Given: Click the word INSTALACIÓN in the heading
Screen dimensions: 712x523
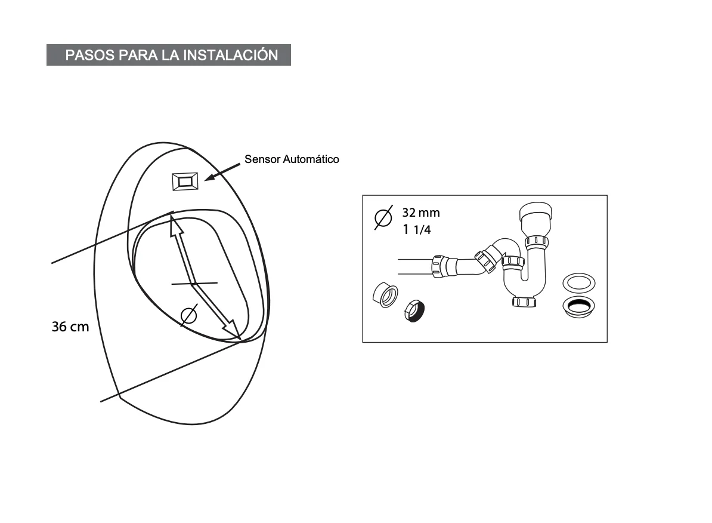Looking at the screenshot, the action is pyautogui.click(x=231, y=54).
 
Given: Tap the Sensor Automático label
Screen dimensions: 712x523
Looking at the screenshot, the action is pyautogui.click(x=292, y=159).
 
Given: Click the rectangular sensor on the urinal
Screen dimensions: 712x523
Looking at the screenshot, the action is pyautogui.click(x=185, y=181).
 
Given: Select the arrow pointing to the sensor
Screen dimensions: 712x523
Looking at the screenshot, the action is pyautogui.click(x=222, y=172).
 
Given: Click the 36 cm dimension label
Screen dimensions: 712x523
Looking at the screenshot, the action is pyautogui.click(x=70, y=327).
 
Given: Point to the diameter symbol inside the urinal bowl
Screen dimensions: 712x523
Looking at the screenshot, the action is pyautogui.click(x=189, y=315).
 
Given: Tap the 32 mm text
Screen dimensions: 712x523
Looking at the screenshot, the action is pyautogui.click(x=421, y=213).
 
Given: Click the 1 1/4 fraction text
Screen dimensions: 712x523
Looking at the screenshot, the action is pyautogui.click(x=417, y=229).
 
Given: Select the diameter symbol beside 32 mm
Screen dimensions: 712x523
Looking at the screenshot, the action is pyautogui.click(x=383, y=217).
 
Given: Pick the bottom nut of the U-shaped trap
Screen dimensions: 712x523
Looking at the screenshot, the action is pyautogui.click(x=524, y=302).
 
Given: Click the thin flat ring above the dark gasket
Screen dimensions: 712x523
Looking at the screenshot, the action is pyautogui.click(x=578, y=283).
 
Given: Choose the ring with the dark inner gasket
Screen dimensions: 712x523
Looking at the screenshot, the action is pyautogui.click(x=578, y=306).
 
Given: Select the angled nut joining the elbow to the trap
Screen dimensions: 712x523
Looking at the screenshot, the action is pyautogui.click(x=485, y=259).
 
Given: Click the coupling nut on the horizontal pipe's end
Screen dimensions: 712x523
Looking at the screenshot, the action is pyautogui.click(x=438, y=266).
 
